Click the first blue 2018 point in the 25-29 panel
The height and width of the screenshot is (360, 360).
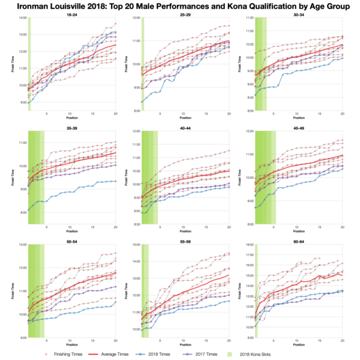tap(142, 101)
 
